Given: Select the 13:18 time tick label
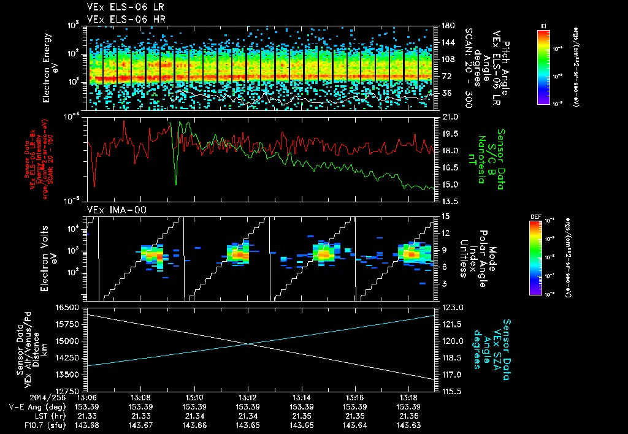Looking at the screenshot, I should [x=408, y=397].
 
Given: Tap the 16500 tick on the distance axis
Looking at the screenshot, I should [x=69, y=307].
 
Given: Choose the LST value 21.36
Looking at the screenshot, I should [x=408, y=416].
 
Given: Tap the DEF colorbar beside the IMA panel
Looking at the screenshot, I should [x=535, y=257].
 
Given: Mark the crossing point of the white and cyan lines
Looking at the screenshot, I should [x=247, y=343].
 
